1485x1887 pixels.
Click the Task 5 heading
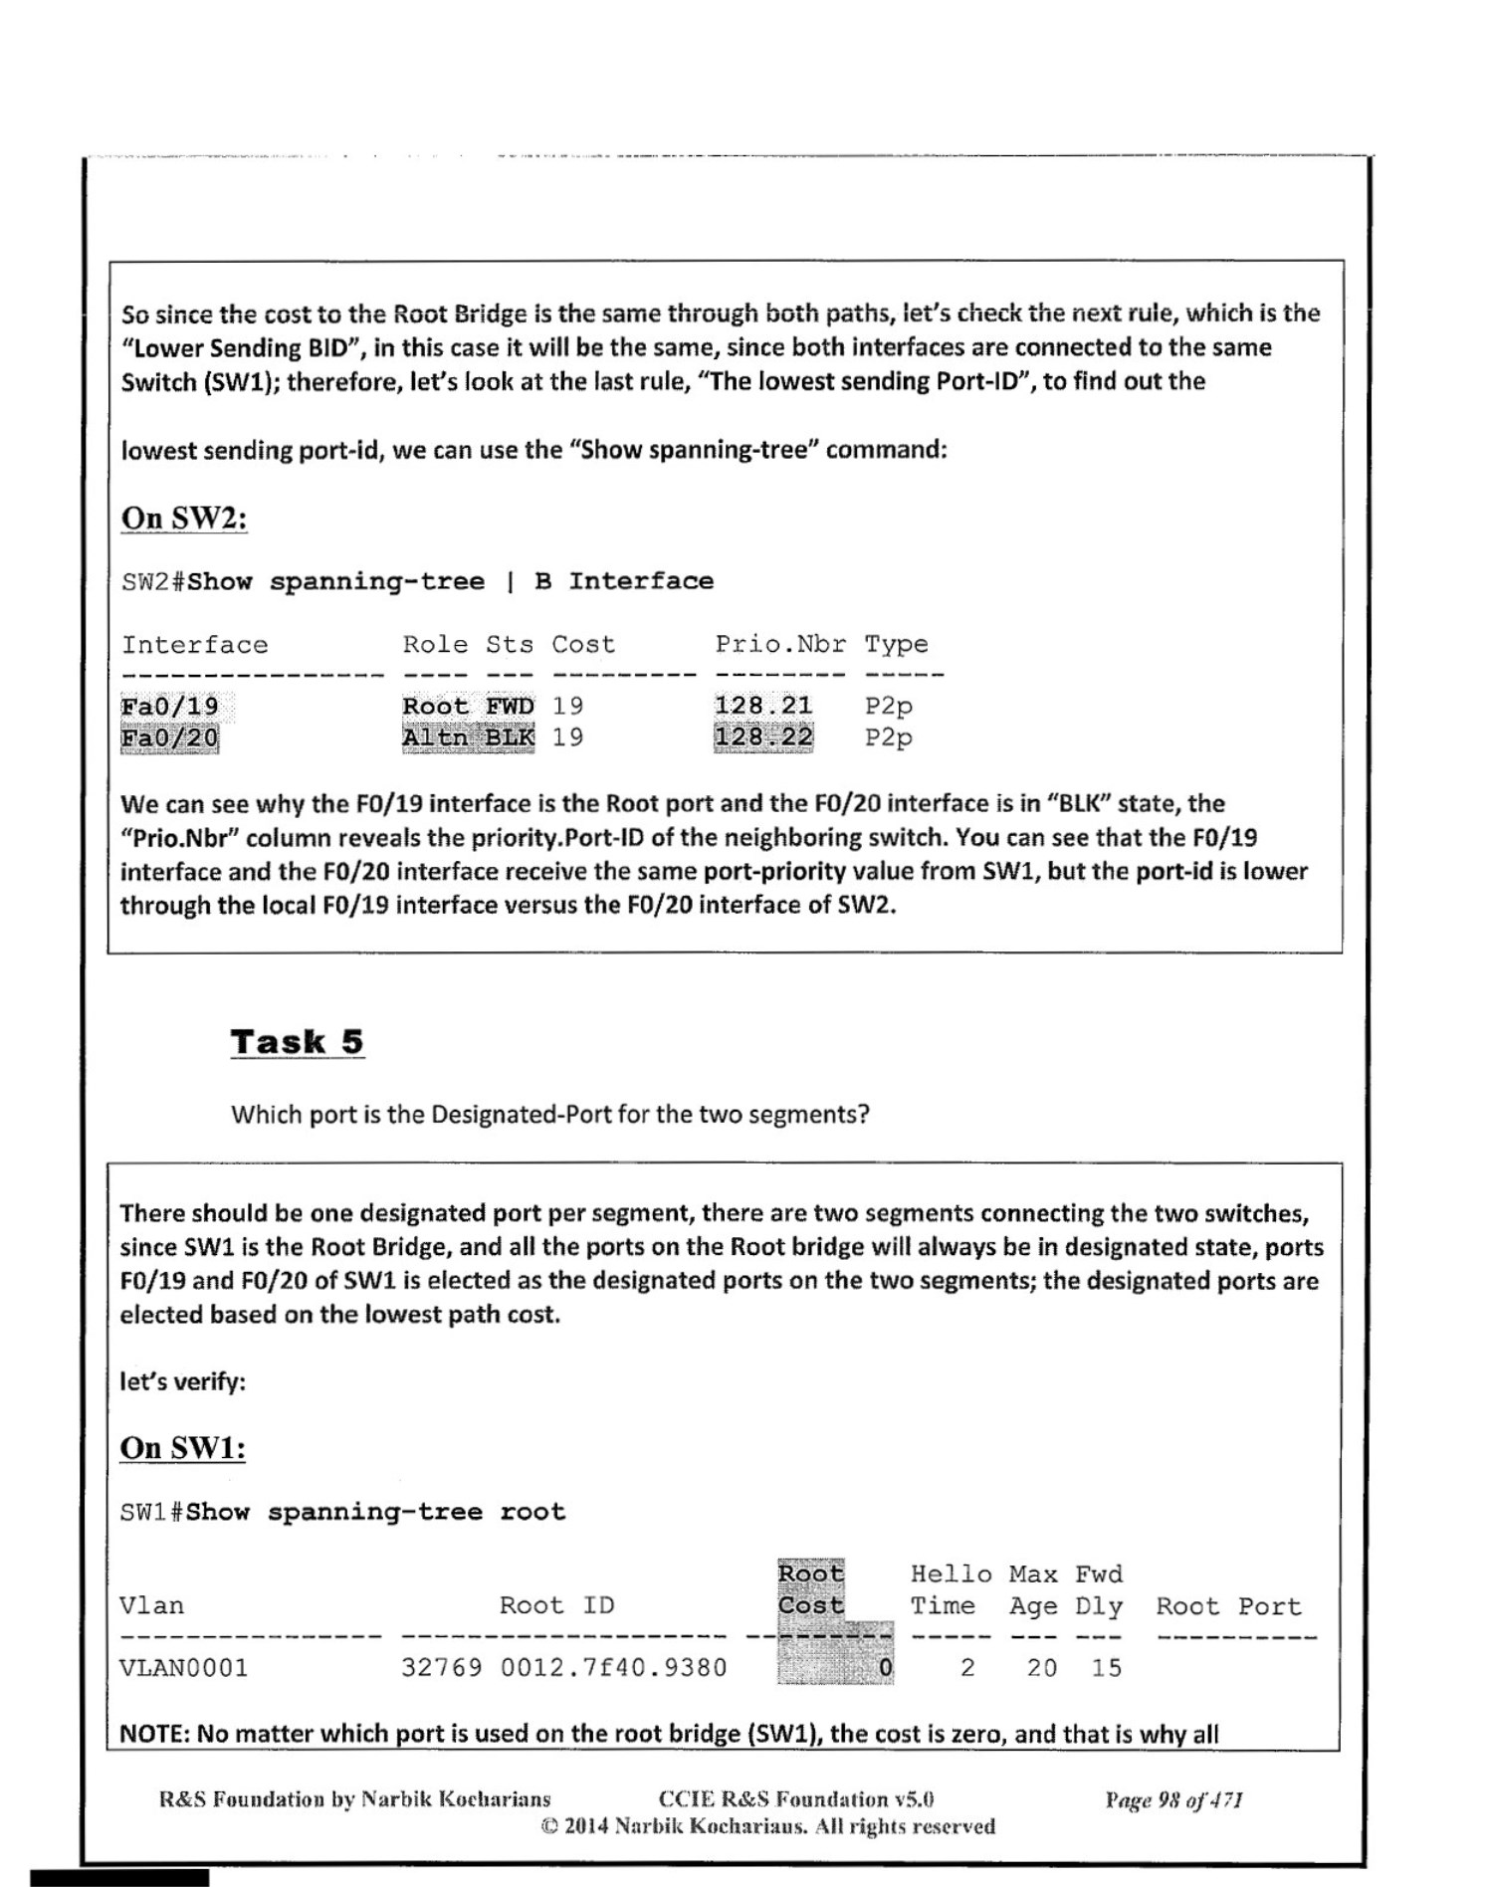pos(297,1042)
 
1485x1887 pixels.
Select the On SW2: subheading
pos(184,518)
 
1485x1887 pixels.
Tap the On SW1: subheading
pos(182,1447)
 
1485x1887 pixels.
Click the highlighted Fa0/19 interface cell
pos(169,707)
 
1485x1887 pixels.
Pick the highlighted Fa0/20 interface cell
pos(169,738)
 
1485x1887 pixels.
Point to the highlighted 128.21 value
pos(762,706)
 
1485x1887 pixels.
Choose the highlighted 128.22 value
pos(762,737)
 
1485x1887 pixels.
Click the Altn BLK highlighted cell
pos(468,737)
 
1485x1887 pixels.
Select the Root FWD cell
pos(468,706)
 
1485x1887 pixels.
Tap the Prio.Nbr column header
pos(780,645)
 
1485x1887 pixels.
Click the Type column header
pos(896,645)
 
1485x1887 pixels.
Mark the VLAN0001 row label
pos(183,1668)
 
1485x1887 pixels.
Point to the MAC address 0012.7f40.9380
pos(613,1668)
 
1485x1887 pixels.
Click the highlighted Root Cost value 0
pos(884,1668)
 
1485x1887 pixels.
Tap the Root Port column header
pos(1228,1606)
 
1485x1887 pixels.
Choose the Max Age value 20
pos(1041,1668)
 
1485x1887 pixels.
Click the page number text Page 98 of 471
pos(1173,1799)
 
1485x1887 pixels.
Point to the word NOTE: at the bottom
pos(154,1734)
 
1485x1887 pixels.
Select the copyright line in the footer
pos(767,1826)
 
